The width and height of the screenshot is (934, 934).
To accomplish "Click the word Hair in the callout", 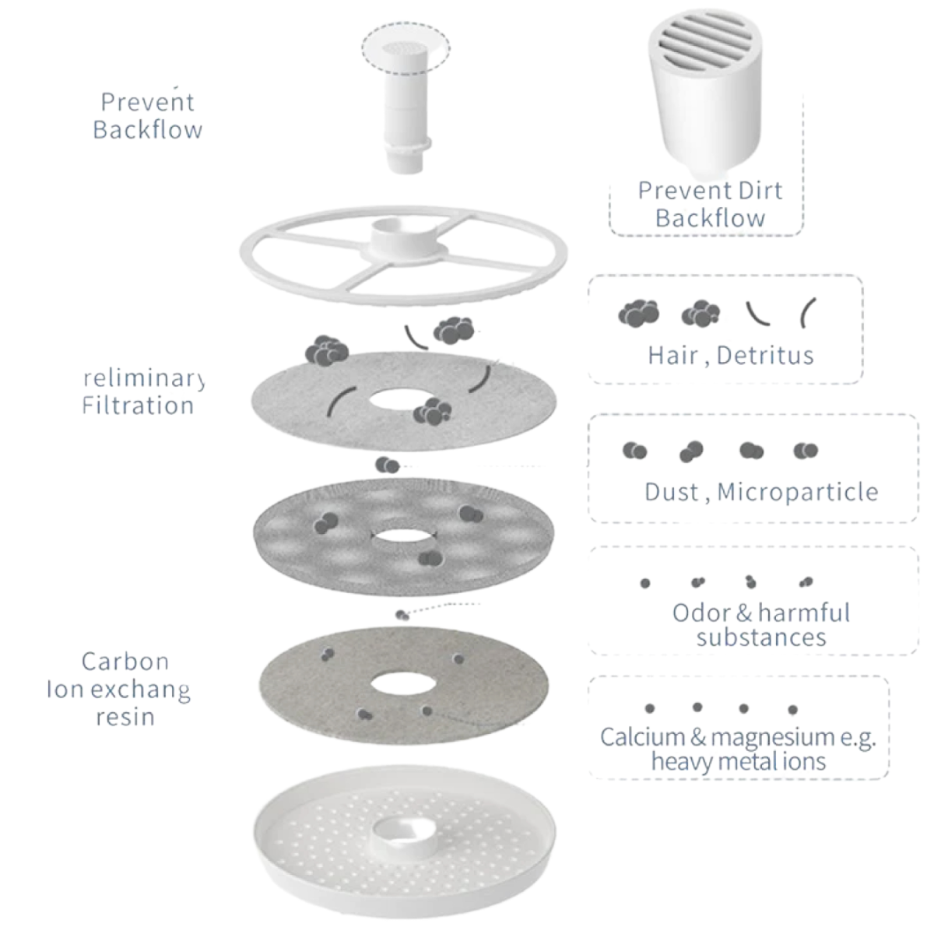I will (x=672, y=356).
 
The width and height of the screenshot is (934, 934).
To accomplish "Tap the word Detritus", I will (x=765, y=356).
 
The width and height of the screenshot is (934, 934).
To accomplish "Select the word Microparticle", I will (x=798, y=492).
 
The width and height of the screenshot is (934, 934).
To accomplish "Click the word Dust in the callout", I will (x=671, y=492).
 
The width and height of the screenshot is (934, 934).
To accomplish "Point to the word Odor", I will (x=701, y=613).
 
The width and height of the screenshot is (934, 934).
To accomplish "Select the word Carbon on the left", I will (x=125, y=662).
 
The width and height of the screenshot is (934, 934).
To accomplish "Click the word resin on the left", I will (x=125, y=717).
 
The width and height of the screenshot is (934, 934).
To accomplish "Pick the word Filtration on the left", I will (x=138, y=406).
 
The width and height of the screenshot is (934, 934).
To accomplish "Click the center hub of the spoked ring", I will (x=404, y=237).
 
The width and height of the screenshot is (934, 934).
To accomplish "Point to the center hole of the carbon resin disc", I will (x=404, y=685).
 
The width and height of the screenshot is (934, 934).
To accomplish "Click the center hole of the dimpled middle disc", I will (x=404, y=537).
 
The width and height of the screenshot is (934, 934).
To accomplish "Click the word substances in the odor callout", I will (x=760, y=638).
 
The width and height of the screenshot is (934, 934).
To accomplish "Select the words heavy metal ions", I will (x=738, y=761).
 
